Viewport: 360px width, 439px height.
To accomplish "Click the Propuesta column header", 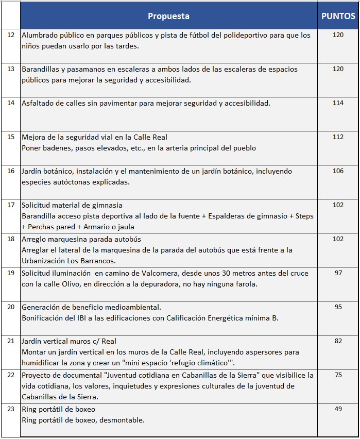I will pyautogui.click(x=168, y=16).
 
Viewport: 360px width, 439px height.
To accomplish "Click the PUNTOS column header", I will pyautogui.click(x=338, y=16).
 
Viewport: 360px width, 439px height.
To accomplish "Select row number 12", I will pyautogui.click(x=11, y=36).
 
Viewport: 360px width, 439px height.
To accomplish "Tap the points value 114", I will pyautogui.click(x=338, y=103).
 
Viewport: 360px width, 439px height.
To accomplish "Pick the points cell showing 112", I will pyautogui.click(x=338, y=137).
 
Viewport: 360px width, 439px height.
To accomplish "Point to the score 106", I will pyautogui.click(x=338, y=171).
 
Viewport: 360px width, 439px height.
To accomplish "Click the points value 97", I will pyautogui.click(x=338, y=273).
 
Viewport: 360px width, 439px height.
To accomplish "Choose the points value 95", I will pyautogui.click(x=338, y=307).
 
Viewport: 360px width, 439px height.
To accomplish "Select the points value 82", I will pyautogui.click(x=338, y=341).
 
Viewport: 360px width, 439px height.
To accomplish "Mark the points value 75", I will pyautogui.click(x=338, y=375).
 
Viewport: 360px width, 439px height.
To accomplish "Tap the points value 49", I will pyautogui.click(x=338, y=409).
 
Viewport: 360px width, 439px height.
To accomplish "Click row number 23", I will pyautogui.click(x=11, y=410).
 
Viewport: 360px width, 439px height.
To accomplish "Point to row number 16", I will pyautogui.click(x=11, y=171).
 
